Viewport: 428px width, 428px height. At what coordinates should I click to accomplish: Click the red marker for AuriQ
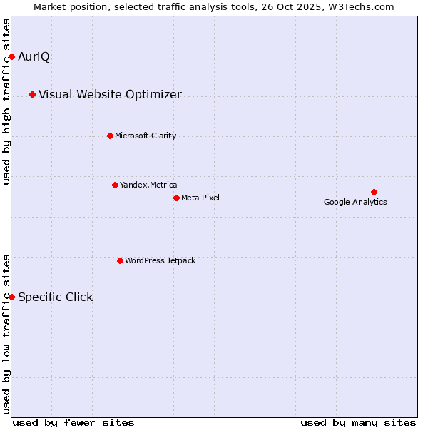coord(11,56)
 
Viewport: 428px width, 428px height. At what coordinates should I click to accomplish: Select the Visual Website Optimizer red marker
coord(32,94)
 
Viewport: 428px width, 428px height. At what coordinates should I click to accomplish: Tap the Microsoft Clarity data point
coord(110,136)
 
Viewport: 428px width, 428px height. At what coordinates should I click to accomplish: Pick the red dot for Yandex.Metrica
coord(115,185)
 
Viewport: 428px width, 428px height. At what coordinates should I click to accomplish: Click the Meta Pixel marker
coord(176,198)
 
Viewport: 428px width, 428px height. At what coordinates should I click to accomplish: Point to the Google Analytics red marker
coord(374,192)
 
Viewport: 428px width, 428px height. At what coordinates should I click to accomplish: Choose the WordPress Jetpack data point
coord(120,260)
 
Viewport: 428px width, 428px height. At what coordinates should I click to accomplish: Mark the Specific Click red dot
coord(11,297)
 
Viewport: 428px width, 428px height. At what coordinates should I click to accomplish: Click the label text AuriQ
coord(34,57)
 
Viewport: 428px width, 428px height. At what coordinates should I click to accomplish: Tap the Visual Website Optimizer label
coord(110,95)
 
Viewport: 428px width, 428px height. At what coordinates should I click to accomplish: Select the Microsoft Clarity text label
coord(146,136)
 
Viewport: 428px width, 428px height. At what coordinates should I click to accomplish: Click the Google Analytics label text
coord(355,202)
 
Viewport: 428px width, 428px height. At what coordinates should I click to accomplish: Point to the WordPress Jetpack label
coord(160,261)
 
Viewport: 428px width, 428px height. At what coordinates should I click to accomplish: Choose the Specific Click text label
coord(55,297)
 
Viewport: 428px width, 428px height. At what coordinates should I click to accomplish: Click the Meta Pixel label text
coord(200,198)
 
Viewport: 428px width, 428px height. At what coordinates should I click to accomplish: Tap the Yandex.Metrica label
coord(148,185)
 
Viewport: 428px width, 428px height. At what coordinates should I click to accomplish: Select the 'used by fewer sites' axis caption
coord(73,422)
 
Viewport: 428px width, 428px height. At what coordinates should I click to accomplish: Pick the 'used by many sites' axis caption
coord(358,422)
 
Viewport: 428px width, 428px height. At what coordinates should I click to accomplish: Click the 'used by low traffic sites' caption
coord(7,333)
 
